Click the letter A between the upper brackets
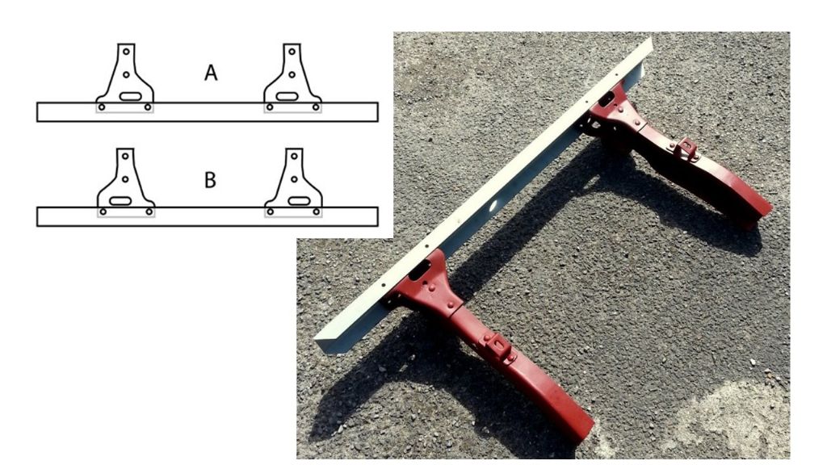(x=211, y=73)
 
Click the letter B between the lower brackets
(x=210, y=180)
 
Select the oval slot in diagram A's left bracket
(x=130, y=97)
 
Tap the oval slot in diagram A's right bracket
(x=287, y=97)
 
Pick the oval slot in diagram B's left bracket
(x=120, y=201)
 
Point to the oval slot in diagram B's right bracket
(x=299, y=201)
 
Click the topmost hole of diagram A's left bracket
(x=126, y=52)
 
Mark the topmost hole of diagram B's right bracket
(x=294, y=156)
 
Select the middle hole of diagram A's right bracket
(x=292, y=75)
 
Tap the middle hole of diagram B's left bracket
(x=125, y=179)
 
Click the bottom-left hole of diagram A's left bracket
(x=102, y=107)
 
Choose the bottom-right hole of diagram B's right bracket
(x=316, y=212)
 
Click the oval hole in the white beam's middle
(x=495, y=206)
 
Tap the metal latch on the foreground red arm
(x=498, y=347)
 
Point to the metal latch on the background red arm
(x=686, y=149)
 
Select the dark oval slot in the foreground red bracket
(x=419, y=270)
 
